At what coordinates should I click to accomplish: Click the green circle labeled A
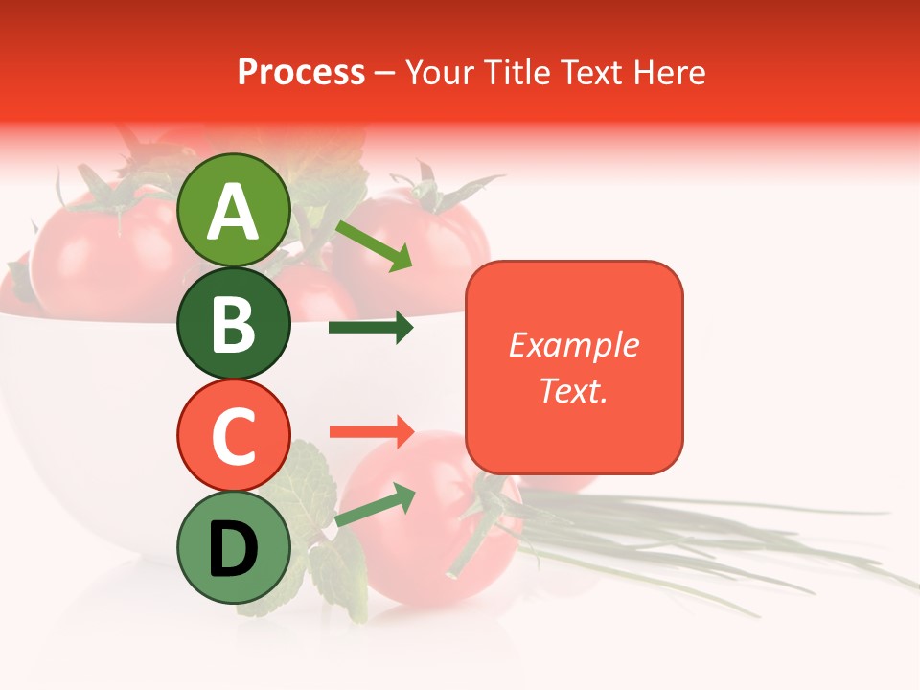233,210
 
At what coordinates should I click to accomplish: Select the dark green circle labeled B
233,323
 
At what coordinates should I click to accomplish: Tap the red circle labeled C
233,435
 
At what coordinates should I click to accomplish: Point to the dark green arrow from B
371,328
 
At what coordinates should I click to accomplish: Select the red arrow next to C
371,432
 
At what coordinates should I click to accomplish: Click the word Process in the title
301,72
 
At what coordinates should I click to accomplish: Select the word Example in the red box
573,345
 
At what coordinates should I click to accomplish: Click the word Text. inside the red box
573,390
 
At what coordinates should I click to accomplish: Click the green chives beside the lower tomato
728,546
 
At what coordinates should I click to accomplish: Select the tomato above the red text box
441,230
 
